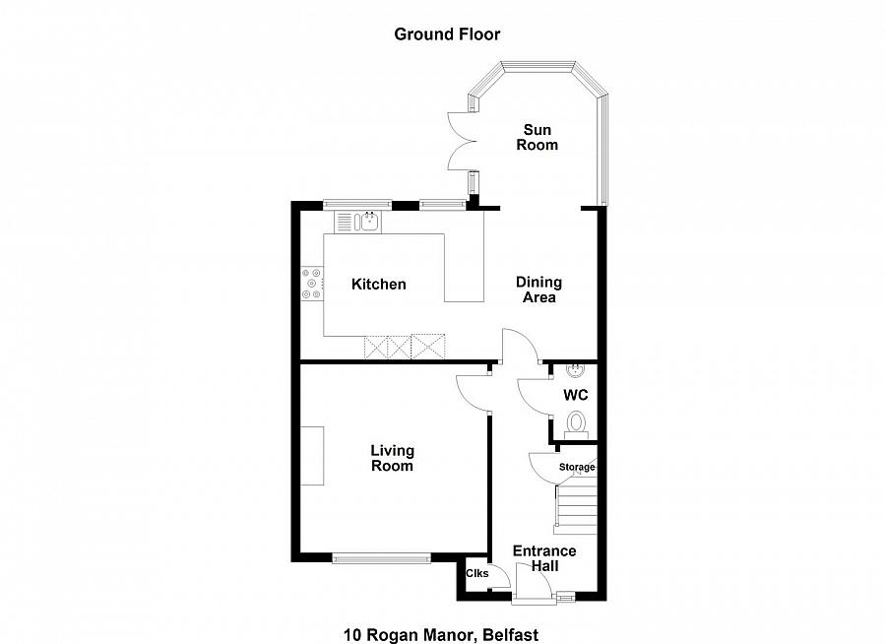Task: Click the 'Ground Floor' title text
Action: click(447, 34)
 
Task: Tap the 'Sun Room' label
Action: click(539, 138)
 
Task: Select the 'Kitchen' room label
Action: click(379, 285)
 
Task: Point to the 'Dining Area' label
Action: click(537, 290)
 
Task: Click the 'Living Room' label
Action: click(392, 459)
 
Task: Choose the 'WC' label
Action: click(576, 395)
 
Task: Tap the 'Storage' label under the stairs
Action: click(577, 467)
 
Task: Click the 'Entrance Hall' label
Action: click(544, 558)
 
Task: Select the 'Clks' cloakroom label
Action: click(476, 574)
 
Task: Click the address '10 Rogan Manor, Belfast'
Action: click(441, 635)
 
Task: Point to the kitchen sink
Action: click(369, 223)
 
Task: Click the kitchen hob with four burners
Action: click(312, 284)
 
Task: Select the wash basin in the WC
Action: click(577, 371)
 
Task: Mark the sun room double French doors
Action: click(459, 142)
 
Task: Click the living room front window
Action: click(381, 559)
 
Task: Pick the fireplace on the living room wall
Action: click(313, 456)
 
